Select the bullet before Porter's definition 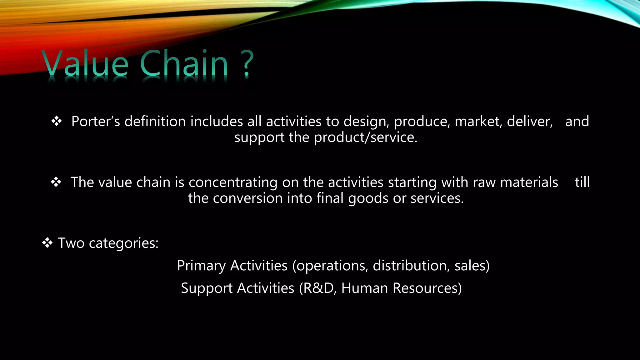click(57, 121)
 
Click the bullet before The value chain click(56, 182)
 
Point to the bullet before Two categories click(47, 243)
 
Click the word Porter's click(96, 121)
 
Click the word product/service click(365, 137)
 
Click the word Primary click(201, 266)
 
